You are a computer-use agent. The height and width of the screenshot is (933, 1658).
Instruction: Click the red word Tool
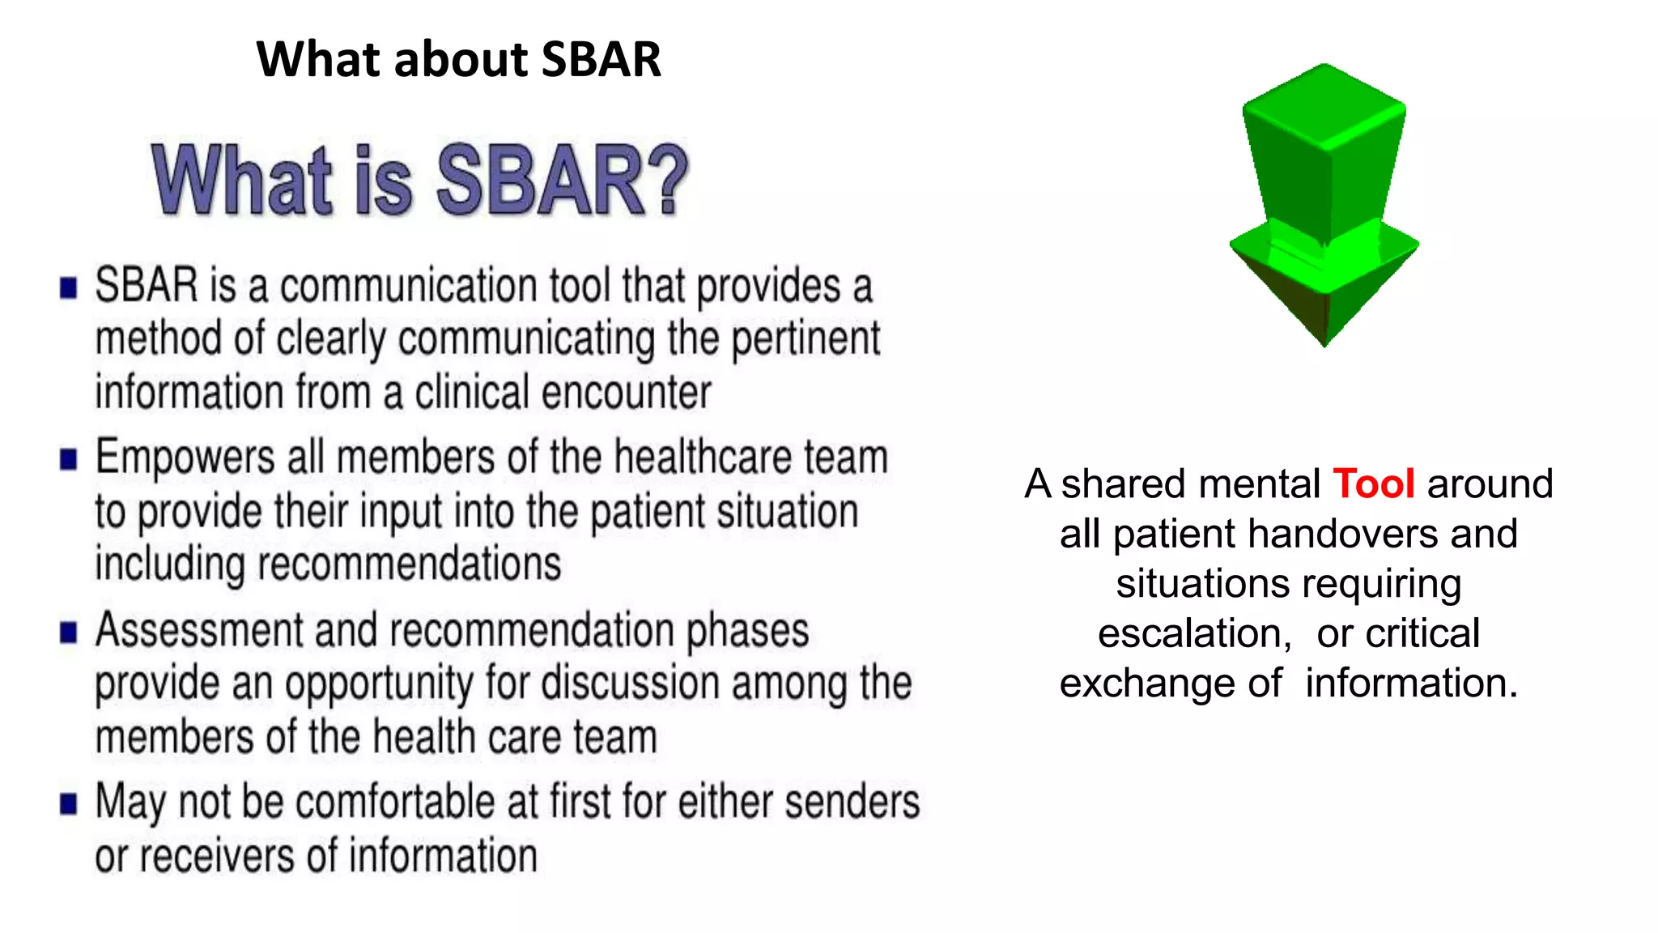click(1373, 484)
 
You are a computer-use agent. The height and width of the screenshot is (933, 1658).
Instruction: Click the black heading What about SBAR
click(458, 59)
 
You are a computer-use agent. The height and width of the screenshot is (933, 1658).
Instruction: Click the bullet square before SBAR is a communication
click(69, 288)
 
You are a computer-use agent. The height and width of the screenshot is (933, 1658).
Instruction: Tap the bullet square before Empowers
click(69, 459)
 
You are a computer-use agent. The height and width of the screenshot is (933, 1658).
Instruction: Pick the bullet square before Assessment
click(69, 632)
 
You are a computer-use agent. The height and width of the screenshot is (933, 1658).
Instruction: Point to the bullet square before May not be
click(69, 803)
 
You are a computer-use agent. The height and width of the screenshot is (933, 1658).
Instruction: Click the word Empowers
click(185, 458)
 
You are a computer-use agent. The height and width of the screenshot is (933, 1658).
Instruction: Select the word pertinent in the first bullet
click(806, 339)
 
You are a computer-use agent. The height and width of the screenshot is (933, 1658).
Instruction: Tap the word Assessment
click(199, 631)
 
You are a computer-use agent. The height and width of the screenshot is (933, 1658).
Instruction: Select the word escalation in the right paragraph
click(1194, 633)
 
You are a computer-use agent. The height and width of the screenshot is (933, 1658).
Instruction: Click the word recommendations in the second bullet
click(409, 564)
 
